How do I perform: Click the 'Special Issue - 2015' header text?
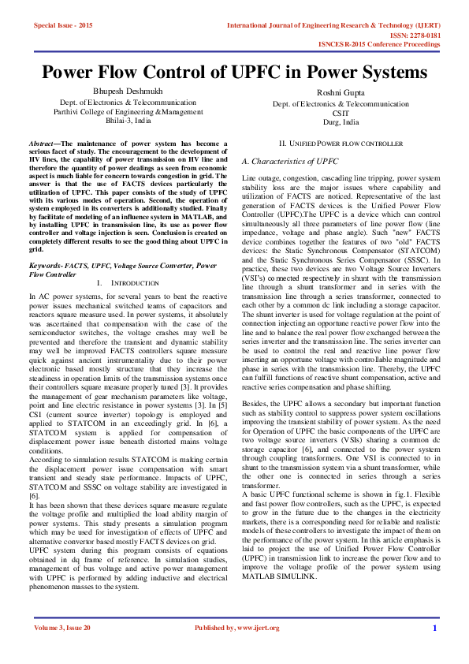coord(63,25)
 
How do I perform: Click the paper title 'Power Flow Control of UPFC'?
coord(234,73)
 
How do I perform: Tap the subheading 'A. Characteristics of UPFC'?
coord(290,161)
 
